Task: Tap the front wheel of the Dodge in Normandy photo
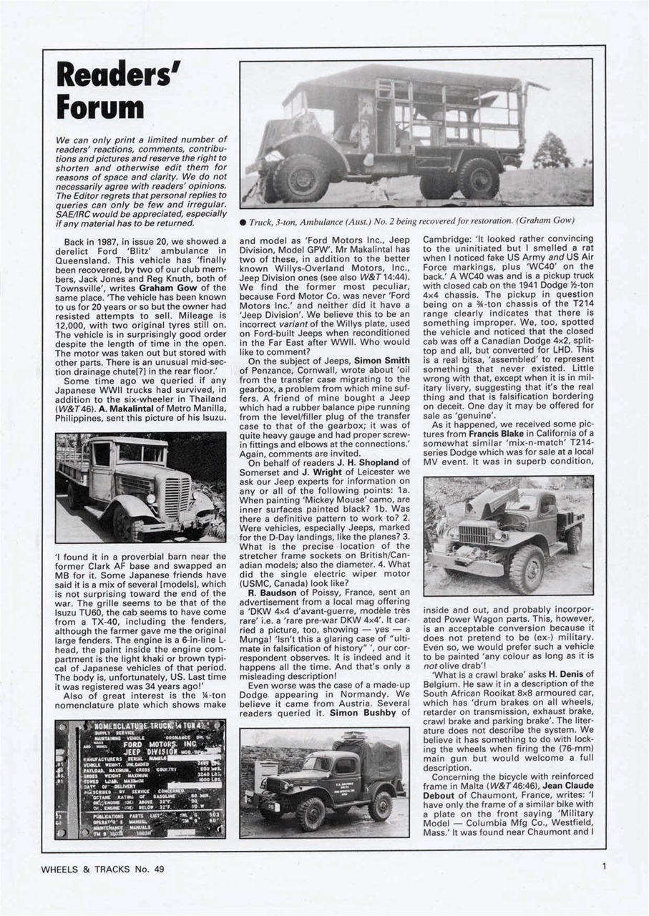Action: [311, 812]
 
